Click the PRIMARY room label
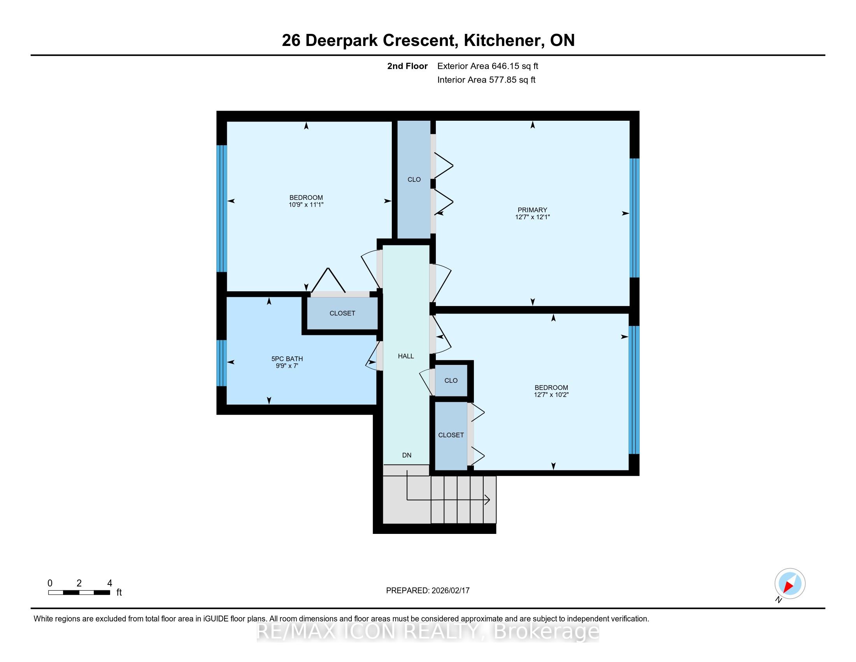click(532, 210)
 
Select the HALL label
click(406, 356)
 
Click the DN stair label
click(407, 455)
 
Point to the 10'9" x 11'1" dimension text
click(306, 205)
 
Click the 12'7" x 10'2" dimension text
click(551, 394)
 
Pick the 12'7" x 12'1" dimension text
click(532, 217)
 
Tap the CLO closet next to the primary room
click(414, 180)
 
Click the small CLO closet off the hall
click(451, 380)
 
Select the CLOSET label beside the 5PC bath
click(342, 313)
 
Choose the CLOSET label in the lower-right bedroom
click(451, 435)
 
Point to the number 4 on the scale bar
click(109, 583)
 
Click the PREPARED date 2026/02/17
click(450, 591)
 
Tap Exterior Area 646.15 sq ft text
click(488, 66)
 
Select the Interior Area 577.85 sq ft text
click(486, 80)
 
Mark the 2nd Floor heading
click(407, 66)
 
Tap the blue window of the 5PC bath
click(222, 363)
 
